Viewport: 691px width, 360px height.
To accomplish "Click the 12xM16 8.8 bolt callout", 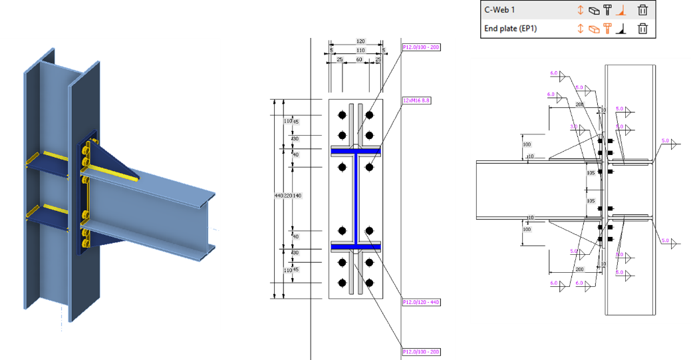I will coord(417,100).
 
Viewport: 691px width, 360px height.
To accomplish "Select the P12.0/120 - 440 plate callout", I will coord(420,302).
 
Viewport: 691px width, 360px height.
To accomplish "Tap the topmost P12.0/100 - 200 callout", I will coord(420,47).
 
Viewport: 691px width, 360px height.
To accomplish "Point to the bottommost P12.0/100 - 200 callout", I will coord(420,351).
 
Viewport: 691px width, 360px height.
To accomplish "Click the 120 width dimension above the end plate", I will coord(360,41).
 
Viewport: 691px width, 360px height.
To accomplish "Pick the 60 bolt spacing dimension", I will coord(359,60).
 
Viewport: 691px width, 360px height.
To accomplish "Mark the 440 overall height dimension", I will coord(279,196).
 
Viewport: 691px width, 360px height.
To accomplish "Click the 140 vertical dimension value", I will coord(297,196).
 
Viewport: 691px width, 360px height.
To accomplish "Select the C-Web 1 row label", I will coord(501,10).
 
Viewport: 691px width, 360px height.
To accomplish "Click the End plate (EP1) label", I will coord(510,29).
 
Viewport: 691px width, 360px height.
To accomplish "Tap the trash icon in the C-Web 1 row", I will coord(642,10).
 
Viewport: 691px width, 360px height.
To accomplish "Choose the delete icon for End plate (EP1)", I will coord(642,29).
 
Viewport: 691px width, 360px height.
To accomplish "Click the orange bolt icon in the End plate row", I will coord(607,29).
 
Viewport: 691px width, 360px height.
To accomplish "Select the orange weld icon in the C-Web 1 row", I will coord(622,10).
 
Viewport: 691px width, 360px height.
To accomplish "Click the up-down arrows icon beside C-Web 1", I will coord(580,10).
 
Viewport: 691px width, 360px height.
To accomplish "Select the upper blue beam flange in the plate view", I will coord(356,152).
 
